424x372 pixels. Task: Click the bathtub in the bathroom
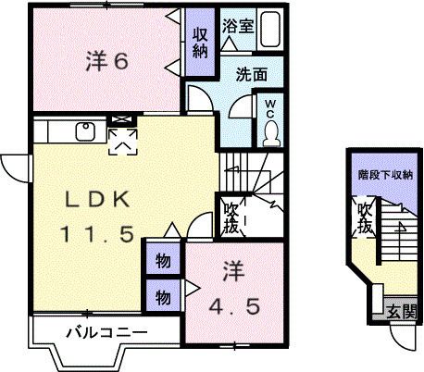(x=270, y=31)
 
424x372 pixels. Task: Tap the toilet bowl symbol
(x=269, y=133)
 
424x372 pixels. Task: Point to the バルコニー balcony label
(x=106, y=330)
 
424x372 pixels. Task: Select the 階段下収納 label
(x=384, y=174)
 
